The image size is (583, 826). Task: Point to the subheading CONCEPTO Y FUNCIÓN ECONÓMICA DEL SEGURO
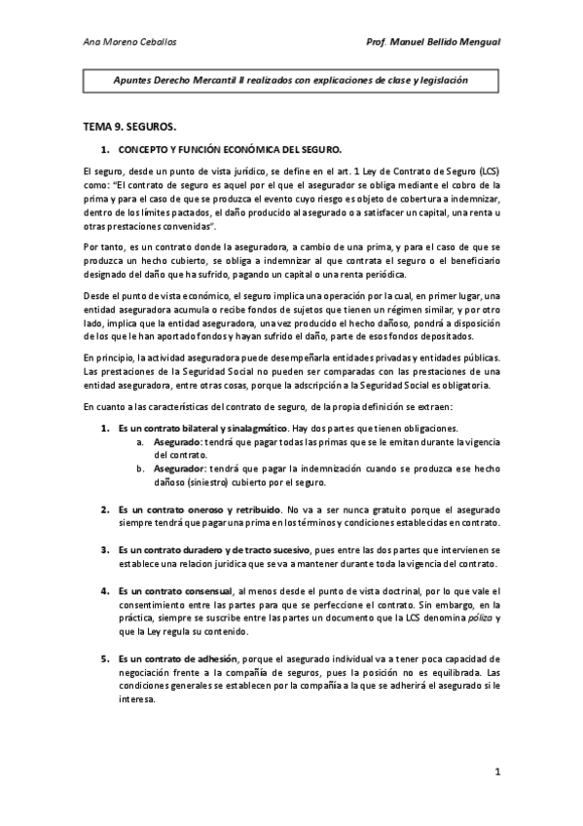pyautogui.click(x=230, y=150)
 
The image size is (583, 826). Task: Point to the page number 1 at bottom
pyautogui.click(x=496, y=773)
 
